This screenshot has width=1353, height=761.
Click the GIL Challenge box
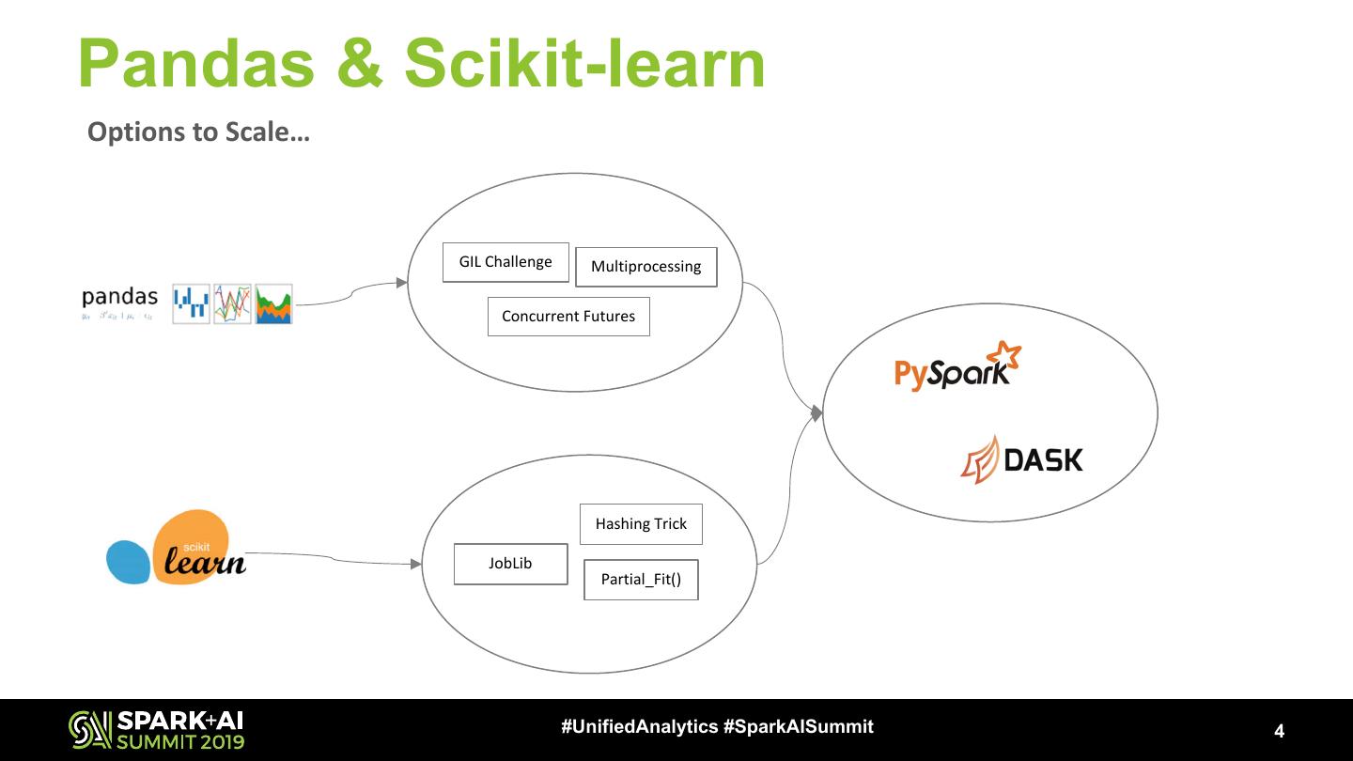[505, 262]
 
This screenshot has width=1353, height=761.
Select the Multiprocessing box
[645, 267]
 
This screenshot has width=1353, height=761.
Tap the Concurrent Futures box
[568, 317]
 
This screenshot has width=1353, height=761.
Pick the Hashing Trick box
[641, 524]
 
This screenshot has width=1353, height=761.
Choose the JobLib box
[510, 564]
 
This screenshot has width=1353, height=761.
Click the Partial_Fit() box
[641, 580]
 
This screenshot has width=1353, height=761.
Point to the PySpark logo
[954, 368]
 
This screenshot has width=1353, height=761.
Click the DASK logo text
[1043, 459]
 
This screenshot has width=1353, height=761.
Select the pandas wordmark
[119, 298]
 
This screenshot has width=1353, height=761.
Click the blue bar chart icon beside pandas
[191, 304]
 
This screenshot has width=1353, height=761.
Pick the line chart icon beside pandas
[232, 304]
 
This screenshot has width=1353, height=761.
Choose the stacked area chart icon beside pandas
[273, 304]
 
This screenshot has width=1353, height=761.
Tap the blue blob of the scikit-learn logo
[129, 562]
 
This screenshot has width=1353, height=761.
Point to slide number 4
[1279, 731]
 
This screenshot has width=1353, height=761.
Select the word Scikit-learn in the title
[584, 64]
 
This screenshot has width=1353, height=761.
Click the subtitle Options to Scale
[198, 132]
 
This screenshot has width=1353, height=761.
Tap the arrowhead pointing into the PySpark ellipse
[816, 413]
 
